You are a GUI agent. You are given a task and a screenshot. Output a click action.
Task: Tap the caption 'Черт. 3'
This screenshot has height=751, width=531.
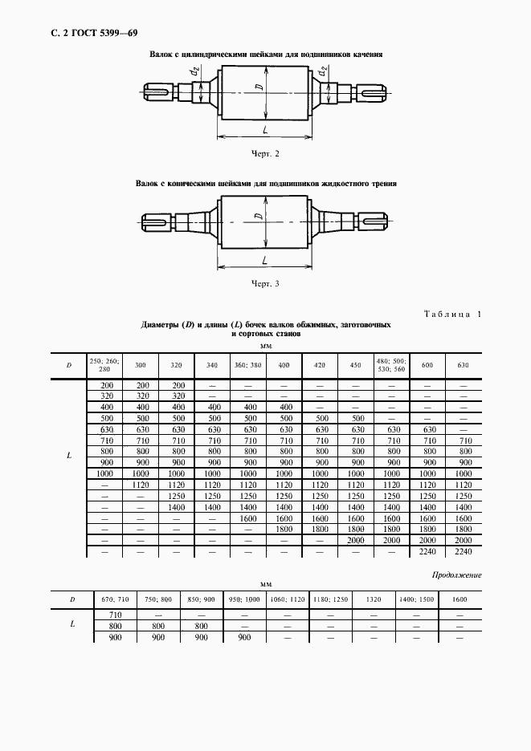coord(265,283)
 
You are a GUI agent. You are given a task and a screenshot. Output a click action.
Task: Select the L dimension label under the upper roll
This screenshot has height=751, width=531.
coord(265,128)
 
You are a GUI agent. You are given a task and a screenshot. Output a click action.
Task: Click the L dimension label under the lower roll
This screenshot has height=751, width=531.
coord(264,260)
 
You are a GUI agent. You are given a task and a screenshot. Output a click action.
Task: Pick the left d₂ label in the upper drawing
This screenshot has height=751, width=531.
coord(194,74)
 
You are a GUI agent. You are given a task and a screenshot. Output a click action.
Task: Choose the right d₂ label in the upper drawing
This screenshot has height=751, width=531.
coord(321,74)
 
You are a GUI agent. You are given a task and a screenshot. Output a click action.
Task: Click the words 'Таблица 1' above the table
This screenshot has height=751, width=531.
coord(451,315)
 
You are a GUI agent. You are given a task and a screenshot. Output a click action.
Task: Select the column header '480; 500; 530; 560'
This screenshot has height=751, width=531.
coord(392,365)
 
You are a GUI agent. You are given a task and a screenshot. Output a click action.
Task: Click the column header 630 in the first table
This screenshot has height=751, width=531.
coord(463,365)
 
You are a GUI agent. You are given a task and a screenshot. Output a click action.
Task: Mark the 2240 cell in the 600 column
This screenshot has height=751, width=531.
coord(427,553)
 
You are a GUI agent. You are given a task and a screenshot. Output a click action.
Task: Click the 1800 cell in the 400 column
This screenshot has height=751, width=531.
coord(284,530)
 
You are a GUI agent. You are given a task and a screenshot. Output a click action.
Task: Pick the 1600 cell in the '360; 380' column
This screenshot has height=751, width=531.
coord(247,519)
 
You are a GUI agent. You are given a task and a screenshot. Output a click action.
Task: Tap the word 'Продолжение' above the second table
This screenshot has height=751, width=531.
coord(456,575)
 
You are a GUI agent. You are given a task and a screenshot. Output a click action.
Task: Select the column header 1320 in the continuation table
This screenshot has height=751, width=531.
coord(373,599)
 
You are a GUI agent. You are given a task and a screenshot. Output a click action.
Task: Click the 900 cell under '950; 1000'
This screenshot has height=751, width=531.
coord(243,636)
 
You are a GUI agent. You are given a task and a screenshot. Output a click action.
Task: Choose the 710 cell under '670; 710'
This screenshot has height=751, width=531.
coord(114,614)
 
